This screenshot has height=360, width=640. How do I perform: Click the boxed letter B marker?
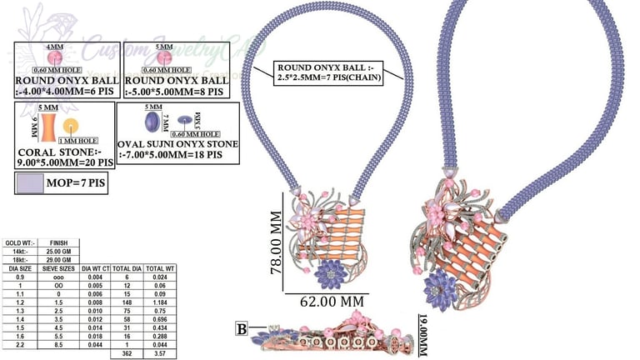[x=242, y=330]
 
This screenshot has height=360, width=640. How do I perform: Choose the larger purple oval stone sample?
[x=152, y=122]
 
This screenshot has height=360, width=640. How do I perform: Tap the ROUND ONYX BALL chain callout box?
[x=335, y=73]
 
